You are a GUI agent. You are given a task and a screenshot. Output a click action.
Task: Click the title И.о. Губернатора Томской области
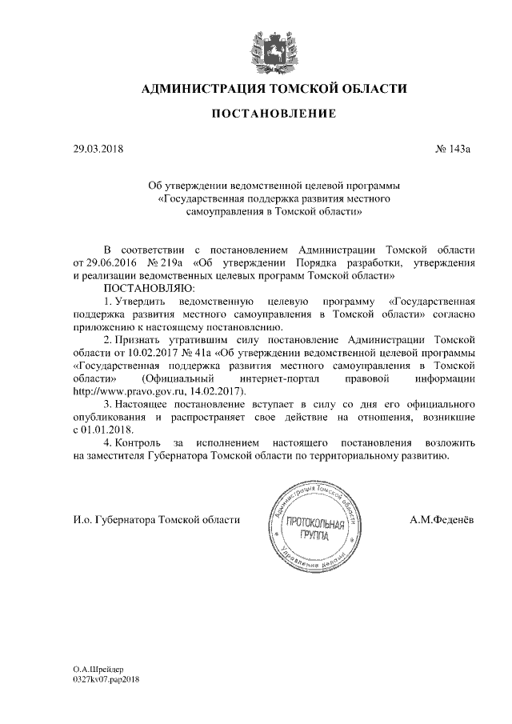157,520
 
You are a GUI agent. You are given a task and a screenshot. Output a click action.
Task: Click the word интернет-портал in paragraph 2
273,378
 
